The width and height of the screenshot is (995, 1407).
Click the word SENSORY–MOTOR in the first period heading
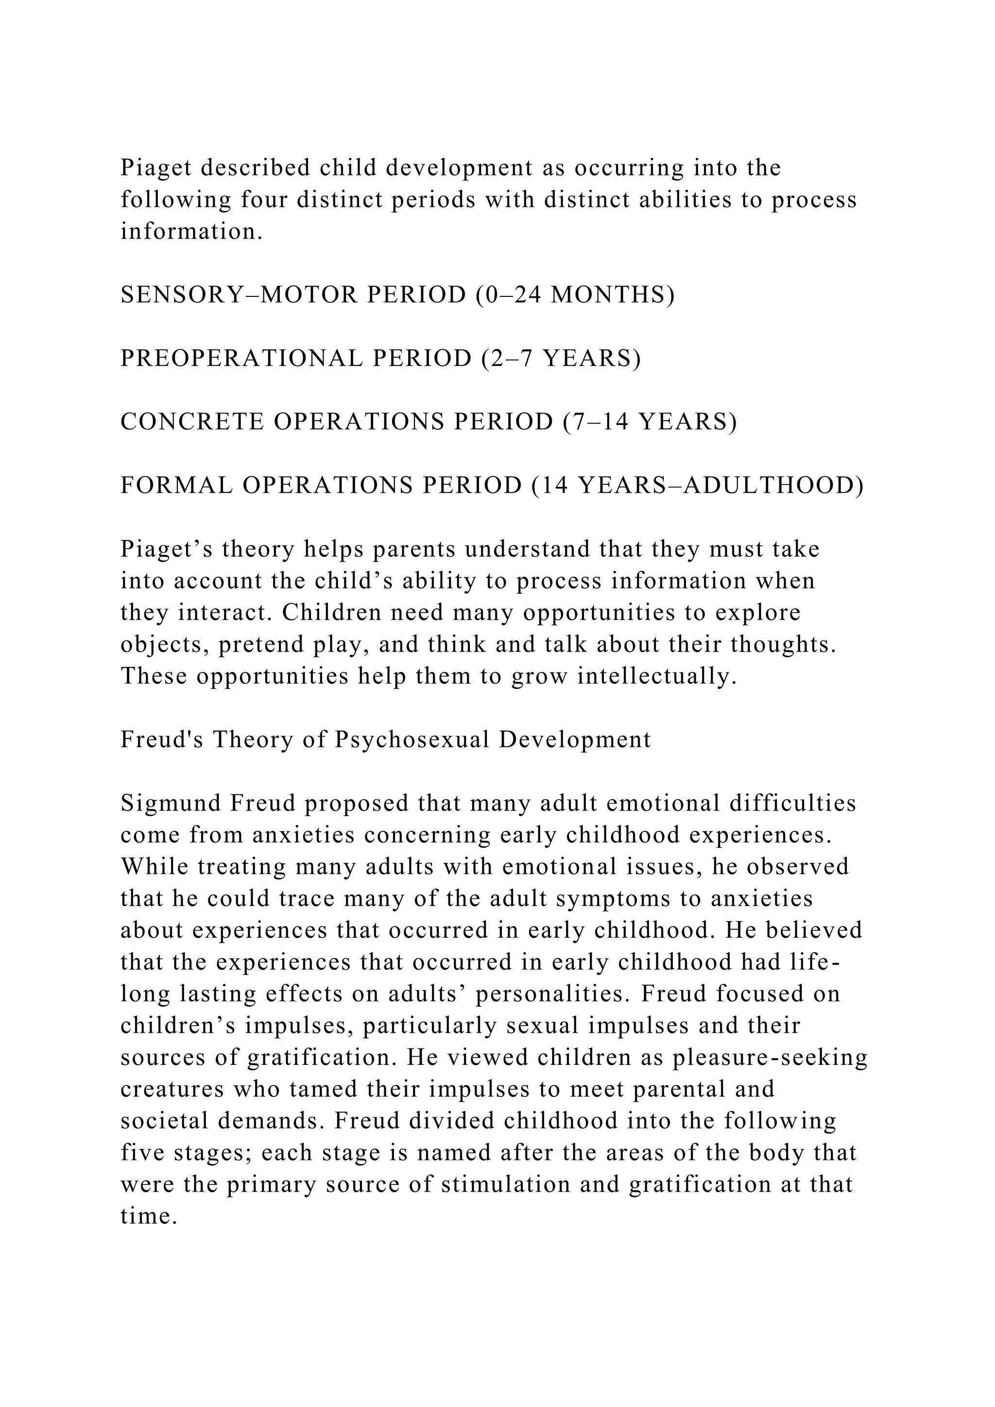pos(239,295)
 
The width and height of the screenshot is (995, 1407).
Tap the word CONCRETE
pos(192,422)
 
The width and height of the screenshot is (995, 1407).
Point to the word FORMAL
pos(176,486)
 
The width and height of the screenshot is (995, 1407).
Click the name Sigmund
pos(171,804)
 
